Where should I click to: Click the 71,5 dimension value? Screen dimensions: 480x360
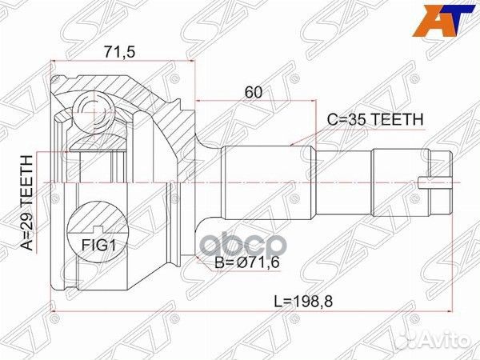pyautogui.click(x=120, y=52)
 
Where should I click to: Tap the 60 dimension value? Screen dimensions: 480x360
pyautogui.click(x=254, y=92)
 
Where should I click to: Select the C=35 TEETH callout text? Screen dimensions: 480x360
pyautogui.click(x=375, y=120)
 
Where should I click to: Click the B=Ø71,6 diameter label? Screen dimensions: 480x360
pyautogui.click(x=247, y=262)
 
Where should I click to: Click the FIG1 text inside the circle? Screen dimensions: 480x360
pyautogui.click(x=98, y=246)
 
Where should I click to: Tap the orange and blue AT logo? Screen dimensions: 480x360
pyautogui.click(x=443, y=21)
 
